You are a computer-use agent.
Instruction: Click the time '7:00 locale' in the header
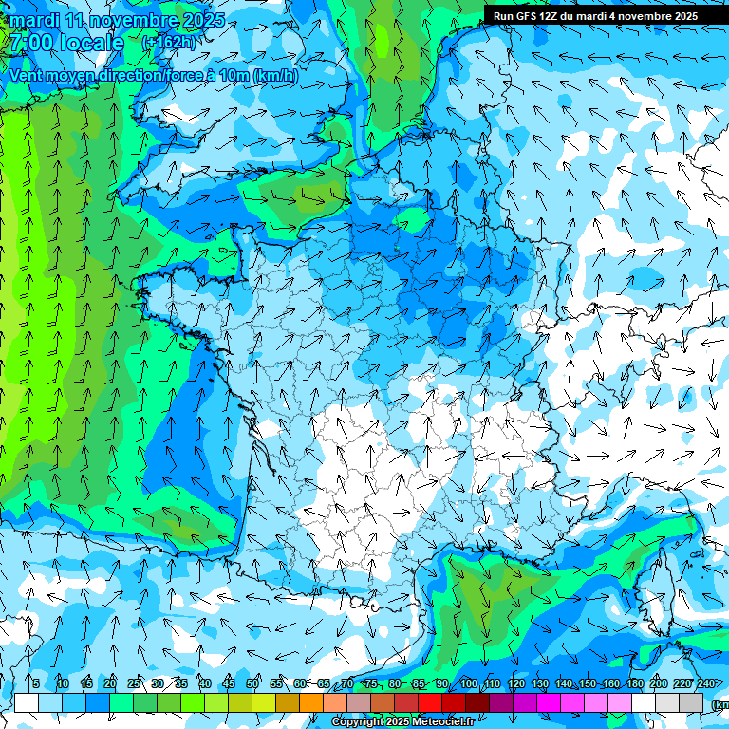65,43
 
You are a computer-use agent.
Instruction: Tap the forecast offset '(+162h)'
170,43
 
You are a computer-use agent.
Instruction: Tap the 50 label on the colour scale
252,683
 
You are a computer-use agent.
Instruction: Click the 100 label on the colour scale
468,683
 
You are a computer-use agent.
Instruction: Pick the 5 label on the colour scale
36,683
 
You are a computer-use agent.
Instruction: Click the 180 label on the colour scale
633,683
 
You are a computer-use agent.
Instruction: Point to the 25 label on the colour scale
134,683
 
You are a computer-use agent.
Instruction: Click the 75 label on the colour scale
371,683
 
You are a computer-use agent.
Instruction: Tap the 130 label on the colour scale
539,683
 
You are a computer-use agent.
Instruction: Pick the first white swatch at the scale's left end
27,702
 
